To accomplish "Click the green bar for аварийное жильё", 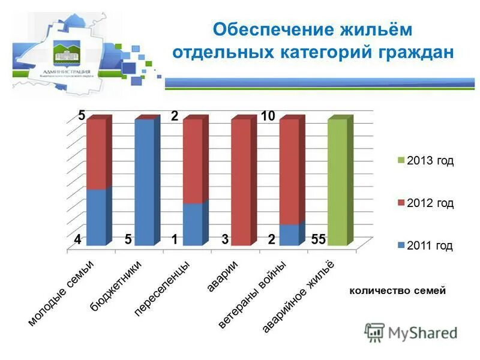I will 337,182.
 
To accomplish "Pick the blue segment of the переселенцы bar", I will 193,224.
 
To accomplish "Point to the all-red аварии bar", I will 241,182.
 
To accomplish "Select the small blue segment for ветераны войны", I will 289,235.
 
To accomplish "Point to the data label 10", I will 268,116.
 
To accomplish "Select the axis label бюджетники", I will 117,287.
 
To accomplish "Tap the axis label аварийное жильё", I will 298,297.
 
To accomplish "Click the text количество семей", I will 397,291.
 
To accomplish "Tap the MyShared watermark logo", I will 411,332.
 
